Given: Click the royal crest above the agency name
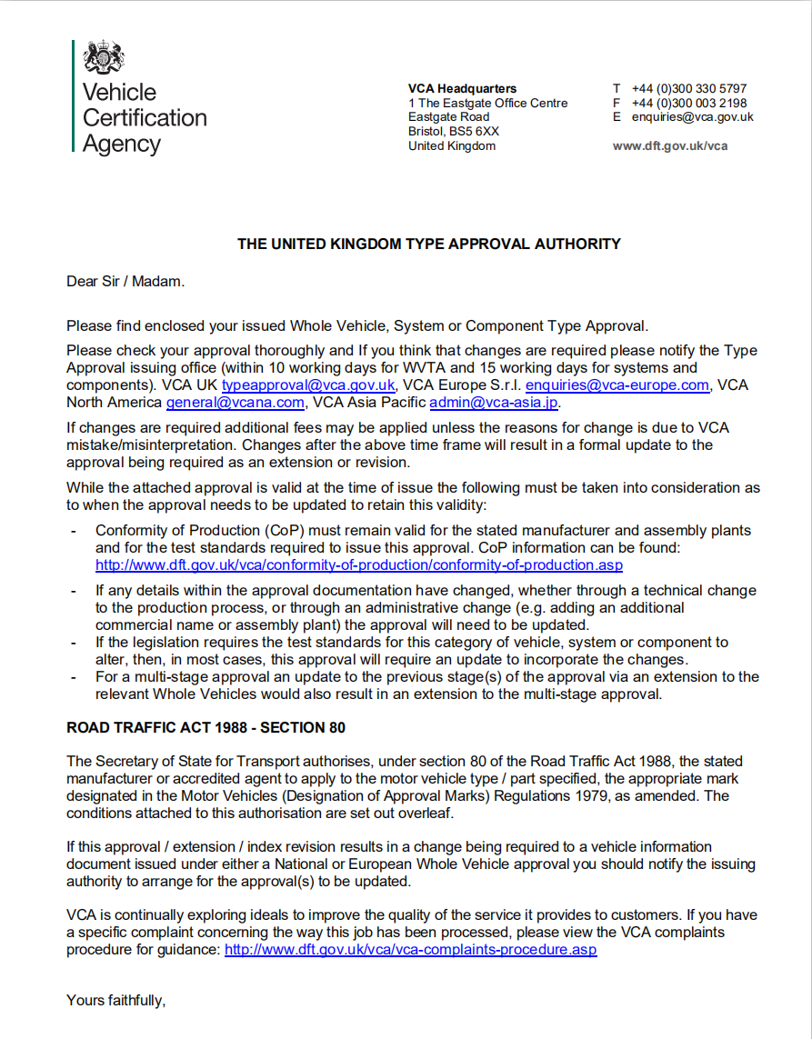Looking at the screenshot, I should [x=104, y=58].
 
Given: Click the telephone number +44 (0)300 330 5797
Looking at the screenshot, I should [x=689, y=88].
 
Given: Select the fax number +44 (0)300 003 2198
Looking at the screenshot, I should [x=689, y=103].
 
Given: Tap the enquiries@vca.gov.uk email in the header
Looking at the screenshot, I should [x=693, y=116].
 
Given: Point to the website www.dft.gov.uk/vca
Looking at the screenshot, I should [x=670, y=145].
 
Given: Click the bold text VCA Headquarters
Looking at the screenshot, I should [x=462, y=88].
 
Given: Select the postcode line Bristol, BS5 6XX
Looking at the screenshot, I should [x=454, y=131].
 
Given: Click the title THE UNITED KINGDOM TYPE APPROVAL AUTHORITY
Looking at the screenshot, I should [x=429, y=244].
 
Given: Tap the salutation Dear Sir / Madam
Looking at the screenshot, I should [x=125, y=281].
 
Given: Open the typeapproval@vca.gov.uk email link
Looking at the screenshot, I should [x=308, y=385].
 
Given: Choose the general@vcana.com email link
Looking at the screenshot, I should [x=235, y=402].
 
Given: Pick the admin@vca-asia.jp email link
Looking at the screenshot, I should [x=494, y=402].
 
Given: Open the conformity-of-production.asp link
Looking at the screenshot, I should [x=359, y=564].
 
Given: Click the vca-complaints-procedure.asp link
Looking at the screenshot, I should [x=411, y=950].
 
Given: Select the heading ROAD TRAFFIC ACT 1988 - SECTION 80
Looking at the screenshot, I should [x=206, y=728].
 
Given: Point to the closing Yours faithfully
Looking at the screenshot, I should [x=115, y=1001].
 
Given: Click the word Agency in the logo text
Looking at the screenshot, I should [x=122, y=144].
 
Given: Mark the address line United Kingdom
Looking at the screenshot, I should [x=452, y=145].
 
